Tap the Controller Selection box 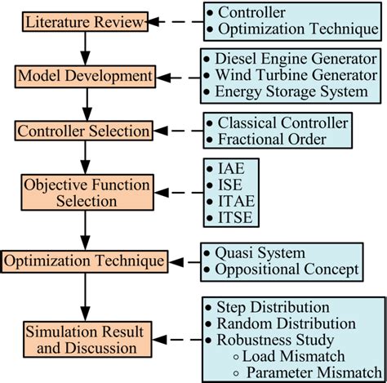83,131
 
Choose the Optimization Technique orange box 84,262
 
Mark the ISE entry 229,185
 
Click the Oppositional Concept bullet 286,269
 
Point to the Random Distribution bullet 290,323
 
